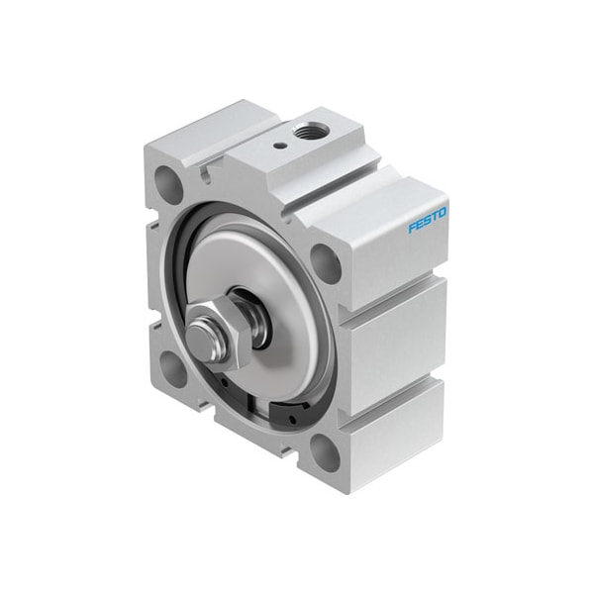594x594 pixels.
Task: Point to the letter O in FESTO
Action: [443, 212]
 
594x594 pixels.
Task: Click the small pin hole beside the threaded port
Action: [279, 145]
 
